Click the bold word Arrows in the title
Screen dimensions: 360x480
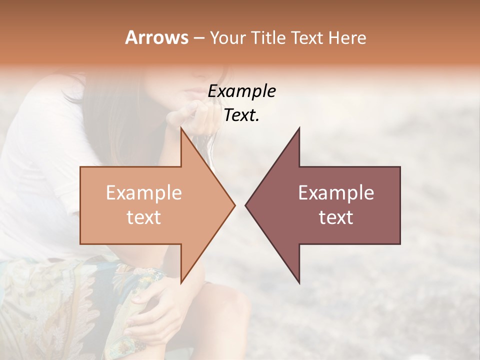coord(156,37)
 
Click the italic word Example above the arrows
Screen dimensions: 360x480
coord(241,91)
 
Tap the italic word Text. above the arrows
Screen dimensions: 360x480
coord(241,115)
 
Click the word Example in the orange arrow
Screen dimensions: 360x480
coord(144,192)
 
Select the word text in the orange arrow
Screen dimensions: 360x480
coord(144,217)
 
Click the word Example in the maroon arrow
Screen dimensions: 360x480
coord(336,192)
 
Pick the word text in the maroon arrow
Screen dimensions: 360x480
coord(336,217)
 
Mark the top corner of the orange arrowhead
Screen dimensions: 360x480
coord(181,128)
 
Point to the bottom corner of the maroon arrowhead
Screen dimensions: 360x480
coord(299,282)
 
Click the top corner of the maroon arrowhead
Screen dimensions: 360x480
coord(299,128)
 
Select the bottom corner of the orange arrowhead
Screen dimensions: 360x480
coord(181,282)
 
